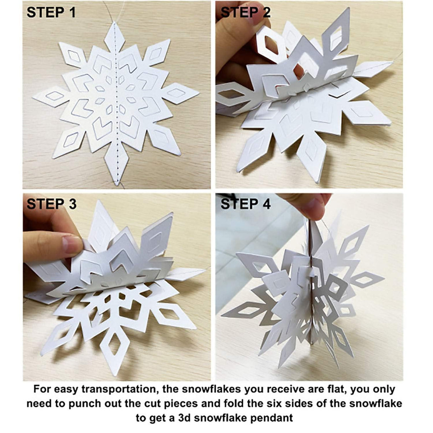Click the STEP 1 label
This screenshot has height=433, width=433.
51,12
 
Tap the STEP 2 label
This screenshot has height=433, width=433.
246,12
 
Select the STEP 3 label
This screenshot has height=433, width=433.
51,204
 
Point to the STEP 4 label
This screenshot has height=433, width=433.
246,204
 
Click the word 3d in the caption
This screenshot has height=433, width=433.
192,417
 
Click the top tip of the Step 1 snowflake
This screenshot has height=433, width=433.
114,23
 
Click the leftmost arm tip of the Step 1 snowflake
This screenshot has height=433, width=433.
33,97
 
